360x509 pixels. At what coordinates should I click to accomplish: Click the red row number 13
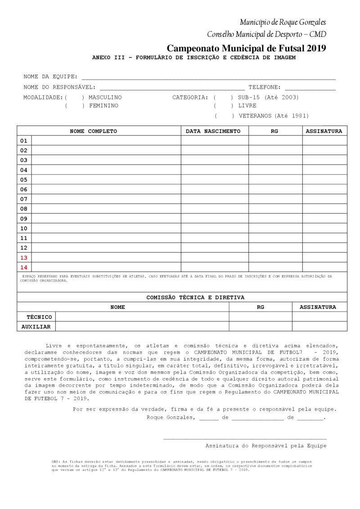(x=24, y=258)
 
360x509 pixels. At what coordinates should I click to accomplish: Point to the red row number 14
(x=24, y=268)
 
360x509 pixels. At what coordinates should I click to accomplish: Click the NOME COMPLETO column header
(x=93, y=131)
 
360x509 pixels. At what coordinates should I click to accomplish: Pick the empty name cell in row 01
(x=106, y=141)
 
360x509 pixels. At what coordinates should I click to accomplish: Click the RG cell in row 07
(x=275, y=199)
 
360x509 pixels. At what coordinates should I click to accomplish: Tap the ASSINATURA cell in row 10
(x=324, y=228)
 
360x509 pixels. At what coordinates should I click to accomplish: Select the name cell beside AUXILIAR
(x=142, y=326)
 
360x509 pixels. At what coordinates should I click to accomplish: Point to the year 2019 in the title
(x=315, y=48)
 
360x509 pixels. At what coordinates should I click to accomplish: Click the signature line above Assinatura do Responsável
(x=245, y=438)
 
